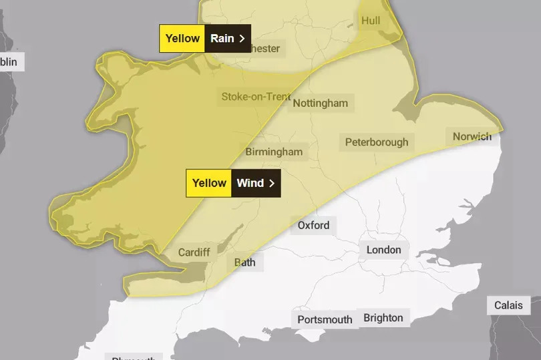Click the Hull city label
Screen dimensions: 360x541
(x=370, y=21)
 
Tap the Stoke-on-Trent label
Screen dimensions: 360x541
(x=256, y=97)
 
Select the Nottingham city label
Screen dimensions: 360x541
(x=321, y=104)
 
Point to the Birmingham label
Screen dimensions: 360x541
(x=274, y=152)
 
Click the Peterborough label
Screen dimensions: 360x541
(x=377, y=142)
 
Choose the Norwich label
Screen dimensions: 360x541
(x=472, y=137)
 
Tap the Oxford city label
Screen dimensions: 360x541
(x=313, y=225)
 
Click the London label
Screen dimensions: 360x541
(x=384, y=250)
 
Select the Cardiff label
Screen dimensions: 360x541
(x=194, y=252)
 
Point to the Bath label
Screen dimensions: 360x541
(x=244, y=262)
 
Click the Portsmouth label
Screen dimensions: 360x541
(x=325, y=319)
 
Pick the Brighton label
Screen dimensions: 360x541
(x=383, y=317)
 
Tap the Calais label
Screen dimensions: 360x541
(x=508, y=305)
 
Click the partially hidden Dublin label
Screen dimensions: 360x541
(x=9, y=62)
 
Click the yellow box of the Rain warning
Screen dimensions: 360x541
(x=182, y=38)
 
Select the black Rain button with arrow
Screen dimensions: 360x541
(x=228, y=38)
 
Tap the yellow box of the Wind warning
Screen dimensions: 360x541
(x=209, y=183)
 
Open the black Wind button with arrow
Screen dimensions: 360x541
(x=256, y=183)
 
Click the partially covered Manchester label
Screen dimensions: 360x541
(x=265, y=49)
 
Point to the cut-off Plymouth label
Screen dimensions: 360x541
(x=134, y=357)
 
